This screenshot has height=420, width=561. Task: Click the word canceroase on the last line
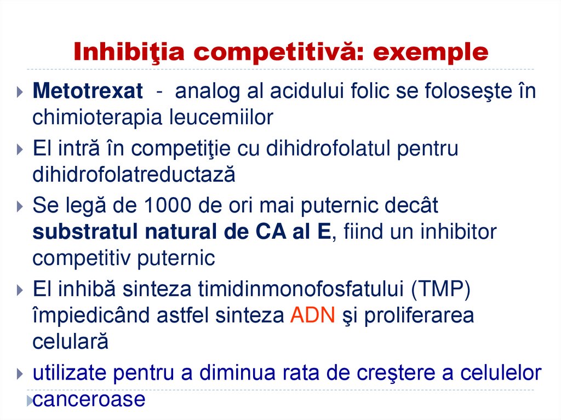(x=89, y=399)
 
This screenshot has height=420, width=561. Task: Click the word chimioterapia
(x=91, y=118)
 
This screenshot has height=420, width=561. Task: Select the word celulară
(x=70, y=342)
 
